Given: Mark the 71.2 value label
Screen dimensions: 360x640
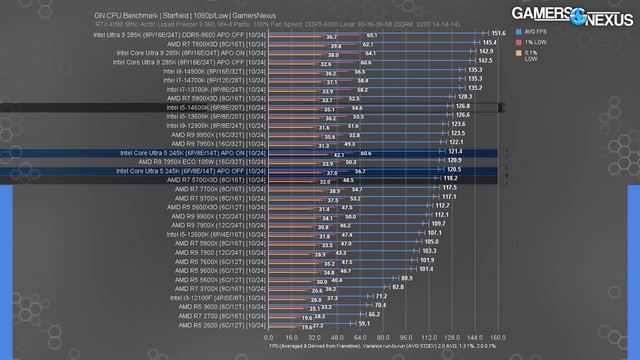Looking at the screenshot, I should coord(380,298).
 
